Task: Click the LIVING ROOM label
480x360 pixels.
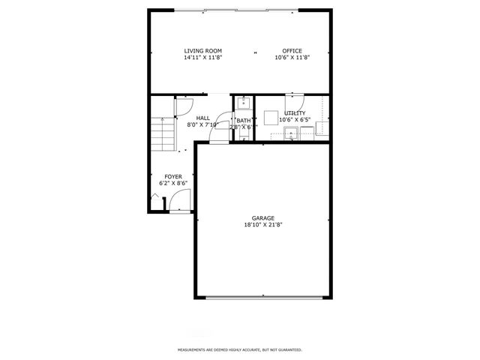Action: coord(202,51)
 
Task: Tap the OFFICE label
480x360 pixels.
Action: coord(292,51)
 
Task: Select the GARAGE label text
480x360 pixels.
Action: coord(262,218)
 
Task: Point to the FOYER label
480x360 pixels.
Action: coord(172,176)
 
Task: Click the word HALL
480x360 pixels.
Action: coord(202,118)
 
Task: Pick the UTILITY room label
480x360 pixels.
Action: coord(294,113)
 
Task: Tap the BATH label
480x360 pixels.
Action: coord(244,121)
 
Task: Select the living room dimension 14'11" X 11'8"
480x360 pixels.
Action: coord(202,58)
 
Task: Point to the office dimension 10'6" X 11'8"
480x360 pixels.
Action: coord(292,58)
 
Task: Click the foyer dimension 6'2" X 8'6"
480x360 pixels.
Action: coord(172,183)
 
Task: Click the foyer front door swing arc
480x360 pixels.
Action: coord(180,200)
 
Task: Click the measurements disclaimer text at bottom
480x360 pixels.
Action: coord(239,349)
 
